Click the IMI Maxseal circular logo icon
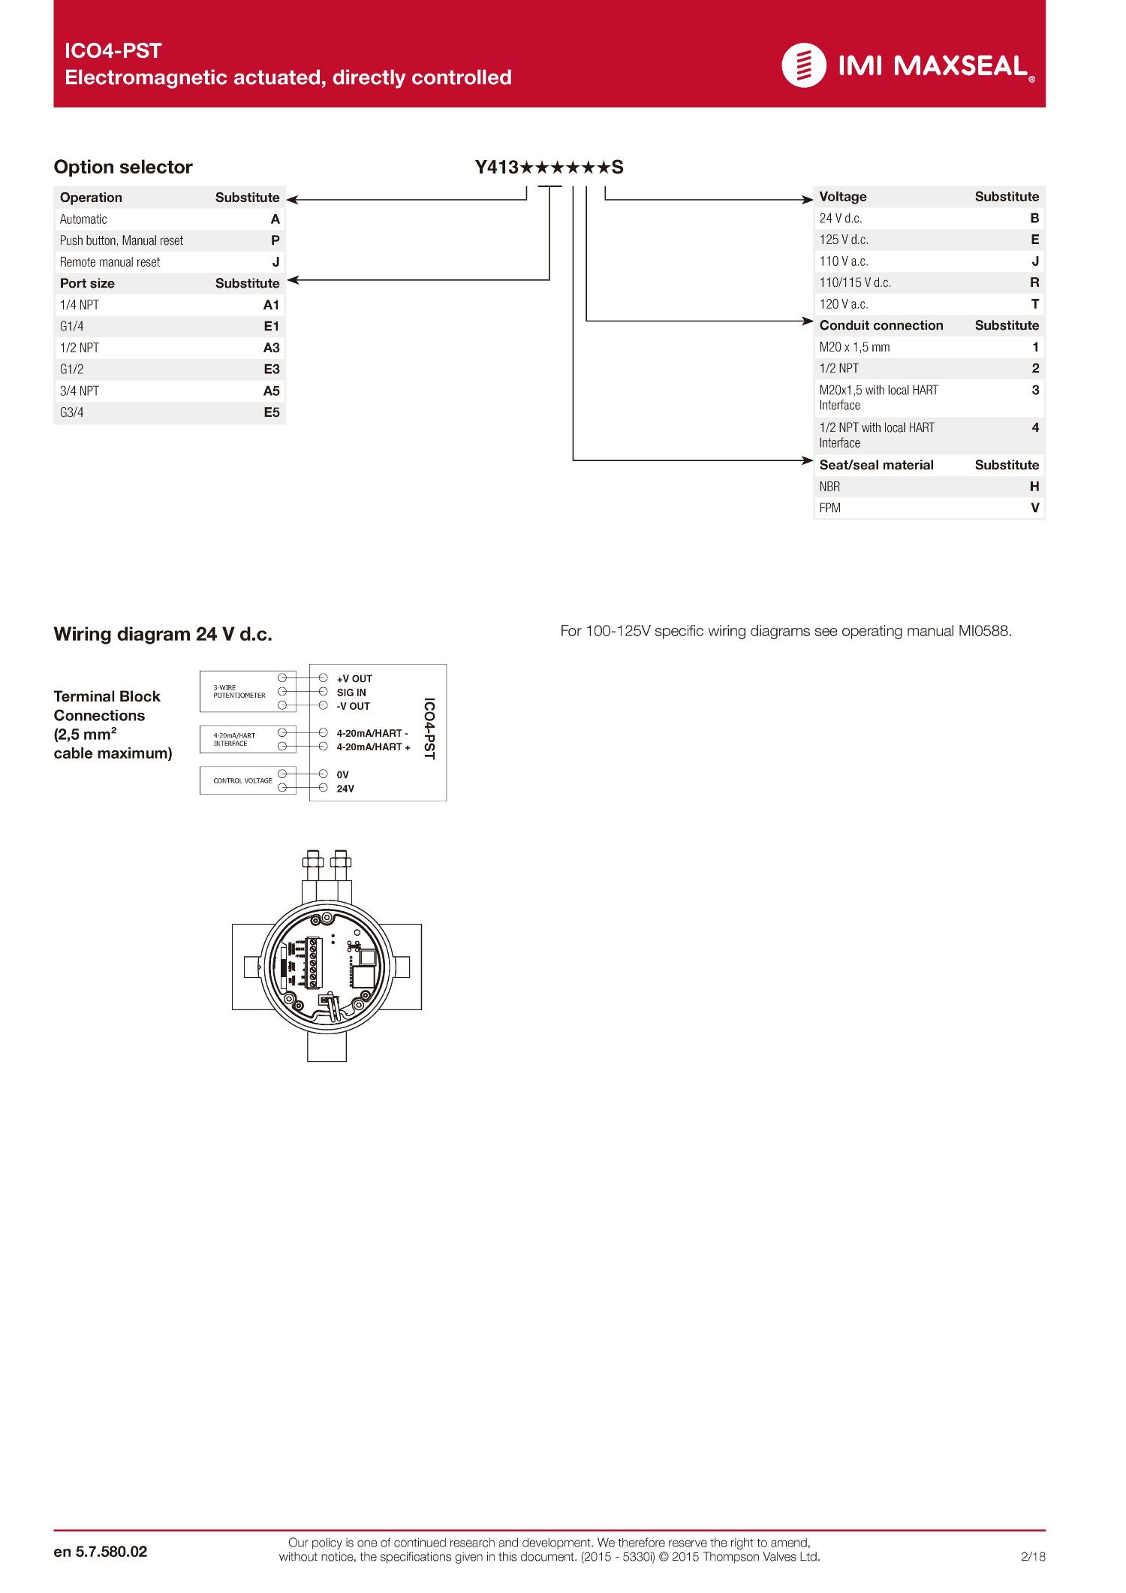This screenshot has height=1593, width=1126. [803, 65]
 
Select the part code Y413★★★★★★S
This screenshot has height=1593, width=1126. [549, 167]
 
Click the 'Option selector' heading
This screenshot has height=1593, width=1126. [123, 167]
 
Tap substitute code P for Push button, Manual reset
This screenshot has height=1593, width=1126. [275, 240]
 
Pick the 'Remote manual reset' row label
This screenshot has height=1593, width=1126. [110, 262]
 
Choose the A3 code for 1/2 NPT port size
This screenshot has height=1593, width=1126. [271, 348]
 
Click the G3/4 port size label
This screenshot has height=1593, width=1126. [72, 412]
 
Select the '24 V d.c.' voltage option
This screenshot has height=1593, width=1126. [840, 219]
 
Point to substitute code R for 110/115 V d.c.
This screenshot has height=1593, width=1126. [1034, 282]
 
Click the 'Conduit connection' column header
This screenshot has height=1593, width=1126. [881, 325]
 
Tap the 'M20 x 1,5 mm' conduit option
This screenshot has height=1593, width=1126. [854, 347]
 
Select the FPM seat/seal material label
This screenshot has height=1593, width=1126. [829, 508]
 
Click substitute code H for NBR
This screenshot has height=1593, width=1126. [1034, 487]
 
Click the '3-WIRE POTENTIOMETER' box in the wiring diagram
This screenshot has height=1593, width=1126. [239, 692]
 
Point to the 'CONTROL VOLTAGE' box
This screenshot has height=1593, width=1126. [242, 780]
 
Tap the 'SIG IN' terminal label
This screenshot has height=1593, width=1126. [351, 692]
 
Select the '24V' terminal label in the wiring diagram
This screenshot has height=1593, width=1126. [345, 789]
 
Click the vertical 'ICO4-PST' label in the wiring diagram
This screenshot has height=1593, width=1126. [429, 729]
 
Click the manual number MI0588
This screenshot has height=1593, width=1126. [984, 631]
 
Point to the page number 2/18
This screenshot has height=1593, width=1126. [1033, 1556]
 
